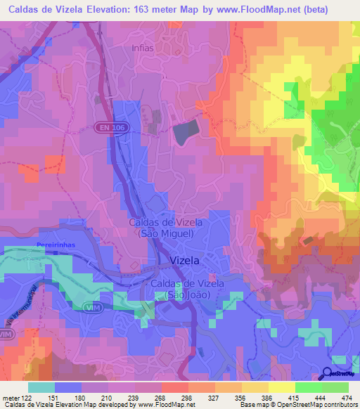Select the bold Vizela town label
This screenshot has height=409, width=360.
(x=186, y=260)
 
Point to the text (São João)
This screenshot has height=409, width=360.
(x=187, y=294)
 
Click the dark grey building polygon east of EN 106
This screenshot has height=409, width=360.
(x=185, y=131)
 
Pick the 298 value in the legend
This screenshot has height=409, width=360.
(x=187, y=397)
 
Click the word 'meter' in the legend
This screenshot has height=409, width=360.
(x=10, y=397)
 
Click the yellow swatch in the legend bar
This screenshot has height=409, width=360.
(x=281, y=387)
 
